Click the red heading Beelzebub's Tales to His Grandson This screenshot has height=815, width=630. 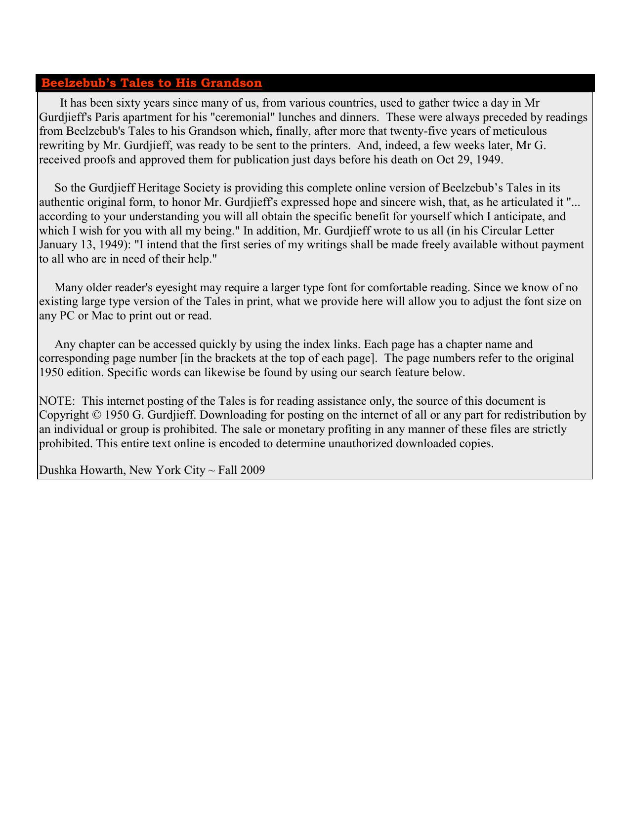tap(151, 83)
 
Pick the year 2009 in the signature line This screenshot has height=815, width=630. tap(253, 470)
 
